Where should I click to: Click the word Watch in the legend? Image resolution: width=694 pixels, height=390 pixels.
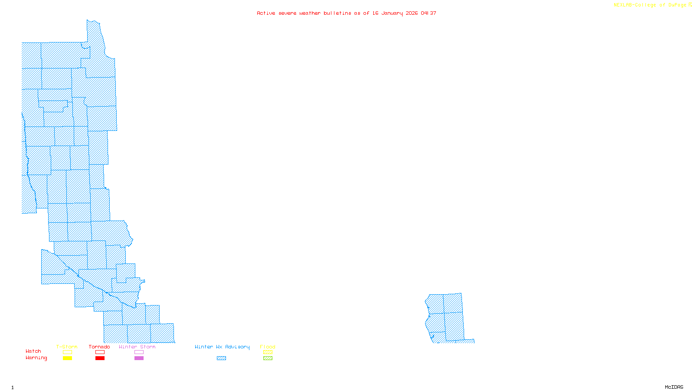(33, 351)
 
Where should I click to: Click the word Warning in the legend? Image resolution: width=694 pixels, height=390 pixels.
(36, 358)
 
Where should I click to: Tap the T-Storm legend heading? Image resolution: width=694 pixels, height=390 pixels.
(67, 347)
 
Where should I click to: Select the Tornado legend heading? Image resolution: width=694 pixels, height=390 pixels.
(99, 347)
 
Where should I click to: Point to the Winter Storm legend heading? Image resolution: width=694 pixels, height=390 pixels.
(137, 347)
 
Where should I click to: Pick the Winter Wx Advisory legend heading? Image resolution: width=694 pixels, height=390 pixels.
(222, 347)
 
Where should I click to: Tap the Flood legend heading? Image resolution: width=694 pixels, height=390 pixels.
(268, 347)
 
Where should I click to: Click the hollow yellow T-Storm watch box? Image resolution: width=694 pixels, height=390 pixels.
(67, 352)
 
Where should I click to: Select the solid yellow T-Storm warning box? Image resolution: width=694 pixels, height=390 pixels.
(67, 358)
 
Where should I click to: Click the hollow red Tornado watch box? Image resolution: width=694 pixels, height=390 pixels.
(100, 352)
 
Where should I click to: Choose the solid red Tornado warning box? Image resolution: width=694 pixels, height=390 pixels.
(100, 358)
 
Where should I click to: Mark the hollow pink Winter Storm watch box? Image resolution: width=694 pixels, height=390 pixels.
(139, 352)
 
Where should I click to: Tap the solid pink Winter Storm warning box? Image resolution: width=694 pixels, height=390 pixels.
(139, 358)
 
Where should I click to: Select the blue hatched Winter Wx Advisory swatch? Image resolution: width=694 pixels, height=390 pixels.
(221, 358)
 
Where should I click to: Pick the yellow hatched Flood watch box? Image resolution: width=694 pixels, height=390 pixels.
(268, 352)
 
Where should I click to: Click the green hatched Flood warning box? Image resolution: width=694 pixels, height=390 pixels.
(268, 358)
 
